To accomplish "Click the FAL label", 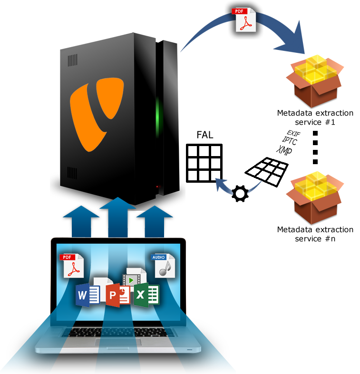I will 204,135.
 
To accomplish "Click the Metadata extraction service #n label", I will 315,234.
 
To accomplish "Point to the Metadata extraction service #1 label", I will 315,118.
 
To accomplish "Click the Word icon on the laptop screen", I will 88,295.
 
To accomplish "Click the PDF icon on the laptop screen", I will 71,266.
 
